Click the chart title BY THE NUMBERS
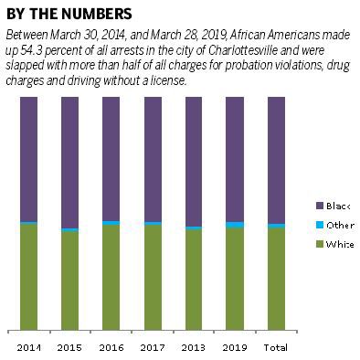coord(69,14)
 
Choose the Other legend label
coord(340,225)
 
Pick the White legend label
coord(340,244)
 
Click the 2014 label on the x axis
coord(28,348)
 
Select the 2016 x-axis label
coord(111,348)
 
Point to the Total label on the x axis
coord(275,348)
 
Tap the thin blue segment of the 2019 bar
coord(235,224)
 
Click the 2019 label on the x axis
coord(234,348)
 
